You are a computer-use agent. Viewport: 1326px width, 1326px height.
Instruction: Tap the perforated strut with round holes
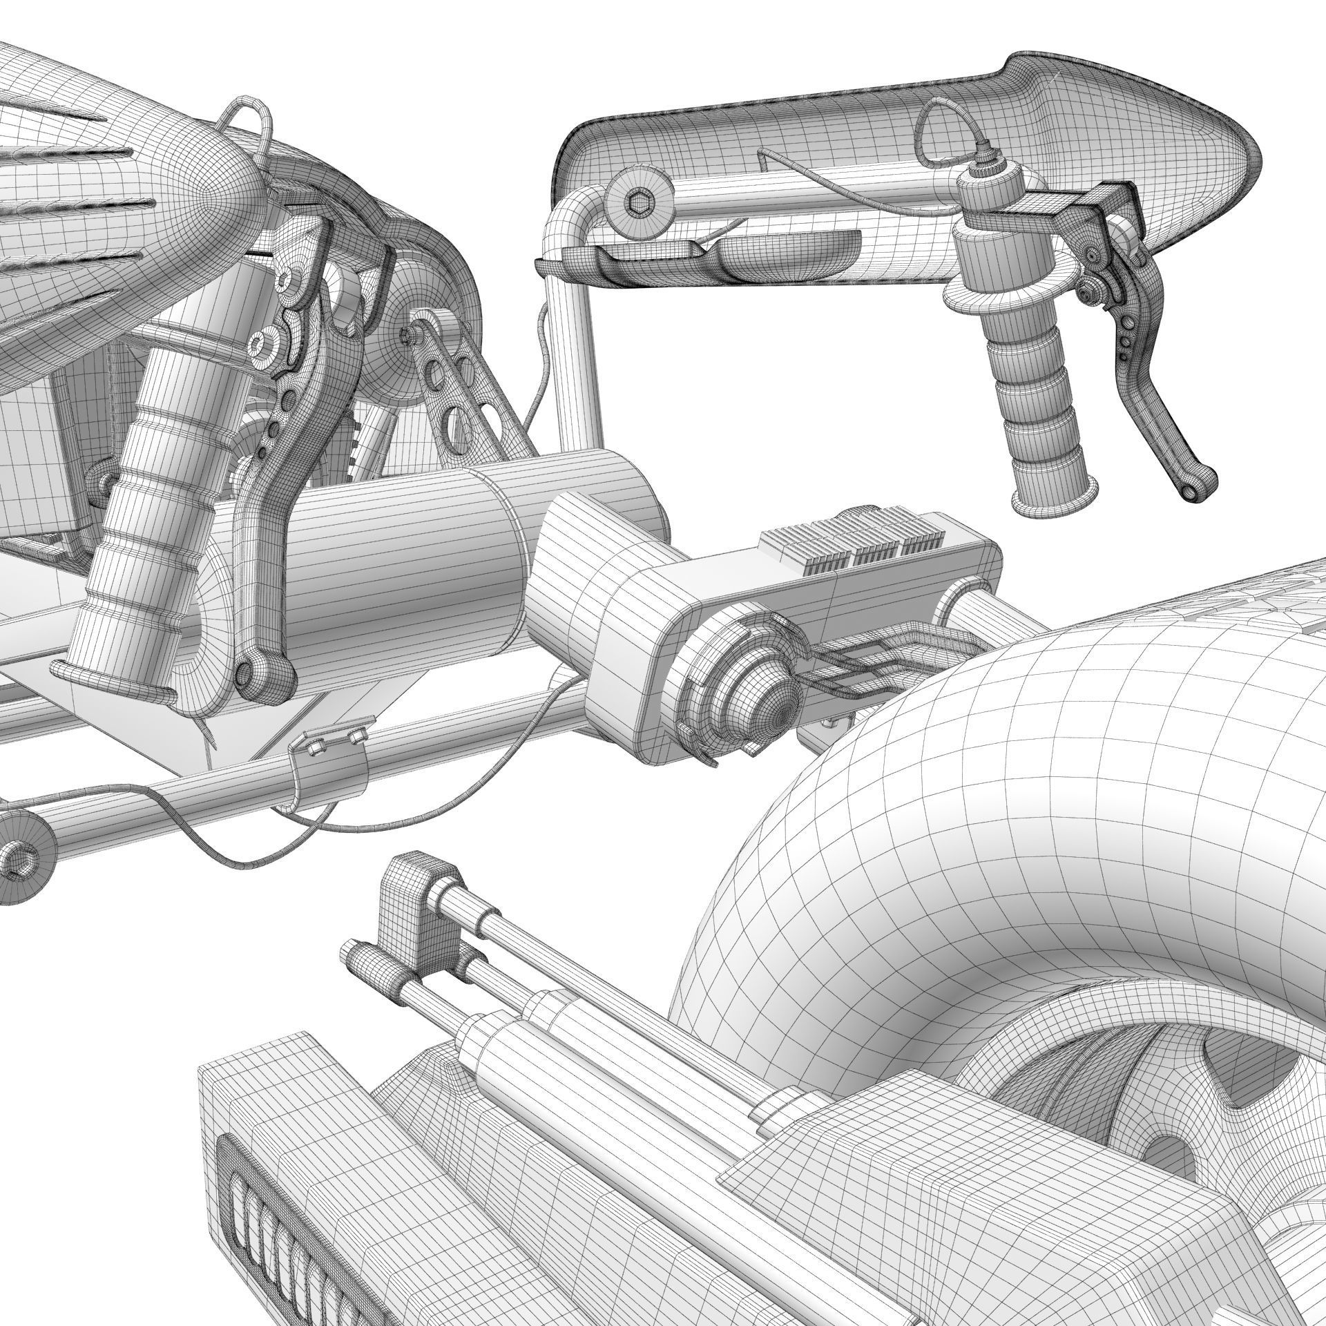[456, 387]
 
